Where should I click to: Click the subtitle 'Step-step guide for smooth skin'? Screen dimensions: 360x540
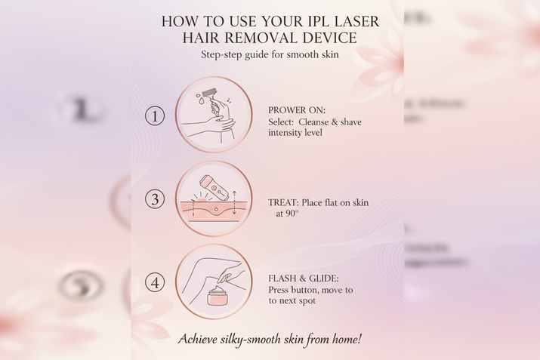click(269, 55)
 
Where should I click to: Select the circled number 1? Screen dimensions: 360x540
click(154, 115)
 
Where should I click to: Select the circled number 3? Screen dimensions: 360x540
click(154, 199)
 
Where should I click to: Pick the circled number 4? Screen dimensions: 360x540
click(154, 283)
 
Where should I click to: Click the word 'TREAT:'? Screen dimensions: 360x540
click(285, 202)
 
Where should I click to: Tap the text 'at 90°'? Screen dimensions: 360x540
click(288, 214)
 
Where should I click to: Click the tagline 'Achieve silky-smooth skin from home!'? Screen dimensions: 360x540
click(269, 339)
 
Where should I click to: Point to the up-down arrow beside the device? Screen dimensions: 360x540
click(235, 202)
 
